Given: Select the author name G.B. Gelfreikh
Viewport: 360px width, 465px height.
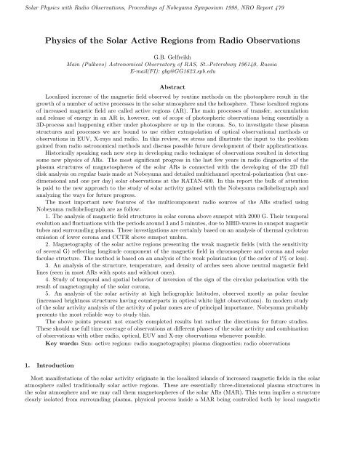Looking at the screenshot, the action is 179,54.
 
